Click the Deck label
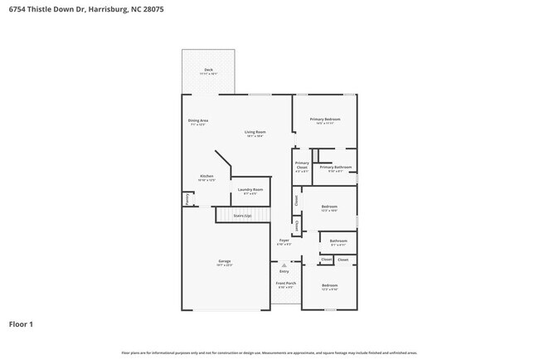[x=208, y=70]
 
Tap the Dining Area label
[x=197, y=120]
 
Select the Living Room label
[x=255, y=132]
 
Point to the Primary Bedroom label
[x=325, y=119]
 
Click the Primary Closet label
[x=302, y=165]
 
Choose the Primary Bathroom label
[x=335, y=168]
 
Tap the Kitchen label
[x=206, y=176]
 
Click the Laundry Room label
[x=250, y=190]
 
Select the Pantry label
[x=187, y=199]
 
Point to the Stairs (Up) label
[x=242, y=216]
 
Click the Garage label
[x=224, y=261]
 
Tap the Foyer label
[x=284, y=241]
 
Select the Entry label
[x=284, y=271]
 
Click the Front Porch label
[x=285, y=284]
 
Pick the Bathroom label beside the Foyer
[x=338, y=241]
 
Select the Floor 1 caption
[x=21, y=324]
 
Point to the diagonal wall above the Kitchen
[x=222, y=161]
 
